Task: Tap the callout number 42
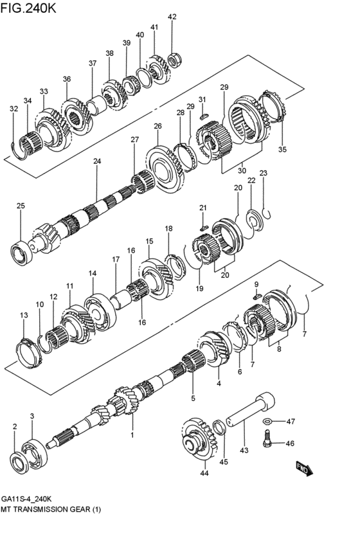point(172,17)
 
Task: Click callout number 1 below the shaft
point(132,435)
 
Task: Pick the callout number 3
point(32,417)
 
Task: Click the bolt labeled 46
point(268,440)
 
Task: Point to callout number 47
point(291,422)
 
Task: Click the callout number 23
point(263,173)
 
